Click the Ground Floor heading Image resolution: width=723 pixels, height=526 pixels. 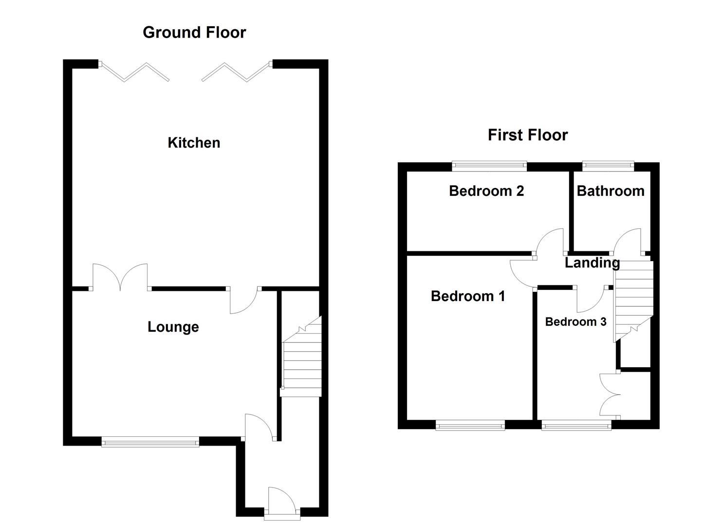(194, 32)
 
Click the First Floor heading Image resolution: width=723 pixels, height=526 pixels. (528, 135)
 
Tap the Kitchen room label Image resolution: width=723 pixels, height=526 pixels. (194, 143)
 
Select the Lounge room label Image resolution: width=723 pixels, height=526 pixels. (173, 327)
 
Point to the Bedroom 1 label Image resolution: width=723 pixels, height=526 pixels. (468, 296)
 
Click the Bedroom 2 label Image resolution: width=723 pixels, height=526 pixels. (486, 191)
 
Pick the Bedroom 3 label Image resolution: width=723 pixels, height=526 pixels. (575, 322)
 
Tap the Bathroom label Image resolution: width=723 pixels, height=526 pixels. (611, 191)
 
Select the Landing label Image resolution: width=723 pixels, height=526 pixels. (592, 263)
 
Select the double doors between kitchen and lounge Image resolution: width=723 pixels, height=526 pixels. (120, 278)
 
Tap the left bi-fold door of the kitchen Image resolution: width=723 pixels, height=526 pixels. (134, 72)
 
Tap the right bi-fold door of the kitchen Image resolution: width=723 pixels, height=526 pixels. (237, 72)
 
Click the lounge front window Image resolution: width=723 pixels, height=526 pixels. (150, 442)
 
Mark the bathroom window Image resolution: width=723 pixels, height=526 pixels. (608, 166)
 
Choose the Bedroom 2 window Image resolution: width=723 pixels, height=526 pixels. (489, 166)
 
